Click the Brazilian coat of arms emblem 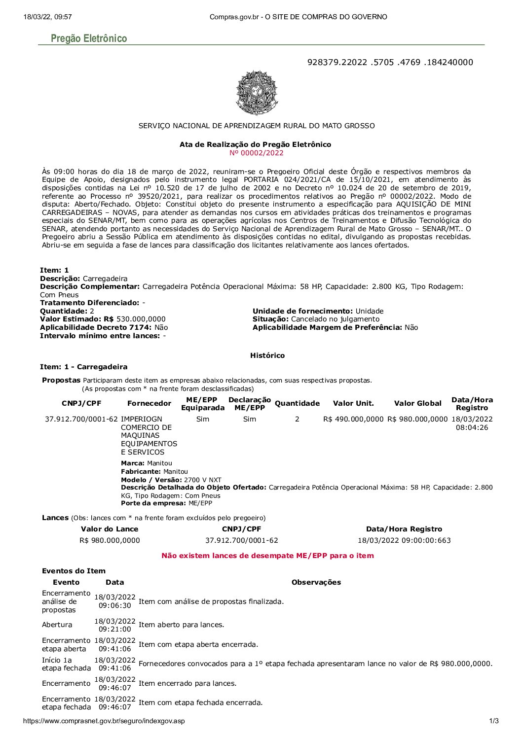pyautogui.click(x=257, y=93)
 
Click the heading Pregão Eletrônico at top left pyautogui.click(x=89, y=38)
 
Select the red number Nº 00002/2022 pyautogui.click(x=257, y=153)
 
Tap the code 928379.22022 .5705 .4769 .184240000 pyautogui.click(x=390, y=62)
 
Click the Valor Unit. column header pyautogui.click(x=353, y=403)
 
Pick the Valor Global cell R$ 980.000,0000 pyautogui.click(x=417, y=419)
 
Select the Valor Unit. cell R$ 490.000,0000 pyautogui.click(x=353, y=419)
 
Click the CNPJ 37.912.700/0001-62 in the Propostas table pyautogui.click(x=81, y=419)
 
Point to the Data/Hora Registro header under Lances pyautogui.click(x=404, y=529)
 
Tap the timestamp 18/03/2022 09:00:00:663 pyautogui.click(x=404, y=540)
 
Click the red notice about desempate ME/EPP pyautogui.click(x=267, y=556)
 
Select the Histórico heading pyautogui.click(x=267, y=355)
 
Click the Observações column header pyautogui.click(x=316, y=582)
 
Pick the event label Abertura pyautogui.click(x=57, y=625)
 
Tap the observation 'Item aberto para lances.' pyautogui.click(x=181, y=625)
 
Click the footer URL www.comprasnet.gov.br pyautogui.click(x=104, y=721)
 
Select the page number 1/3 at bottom pyautogui.click(x=494, y=721)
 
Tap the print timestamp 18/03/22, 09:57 pyautogui.click(x=47, y=17)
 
